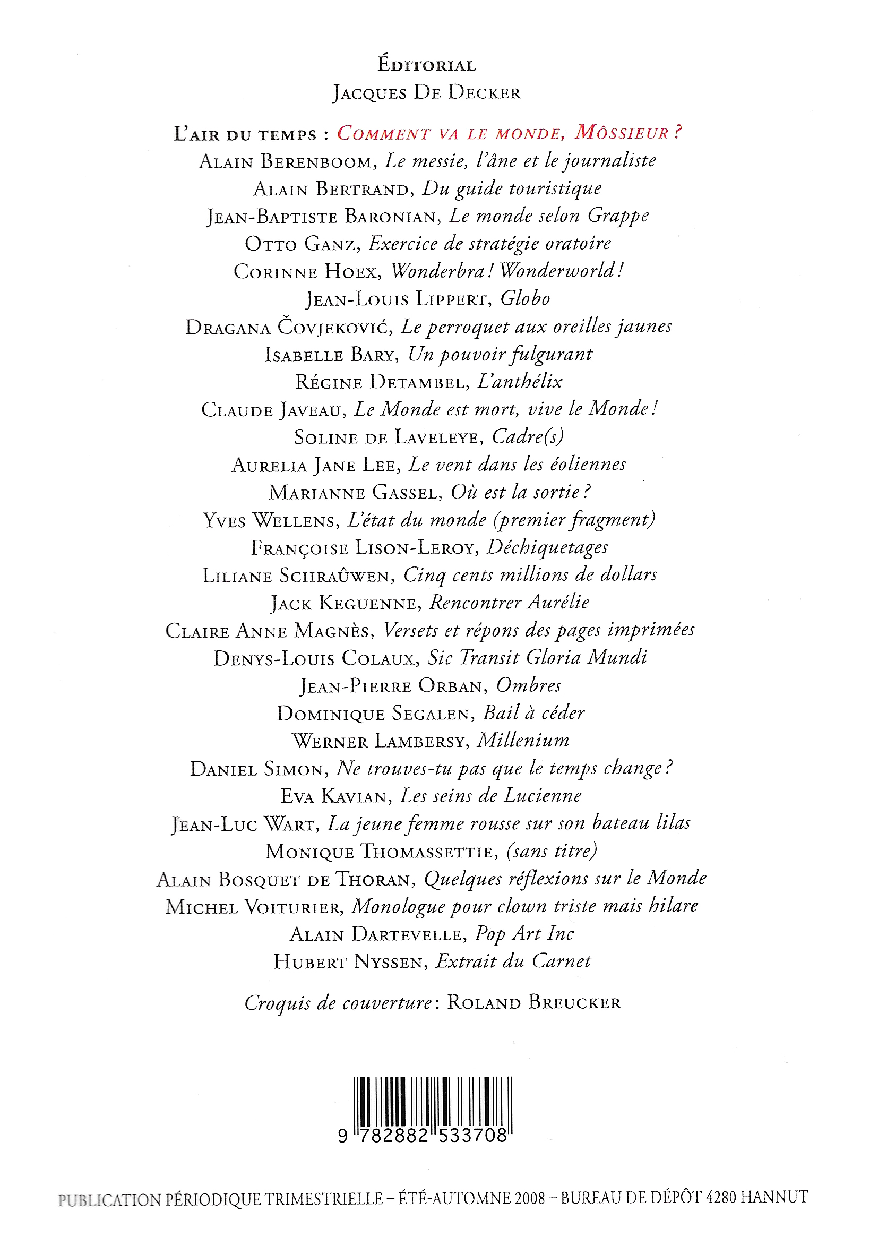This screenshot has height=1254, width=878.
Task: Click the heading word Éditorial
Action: click(426, 65)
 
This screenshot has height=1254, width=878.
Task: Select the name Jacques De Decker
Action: click(426, 93)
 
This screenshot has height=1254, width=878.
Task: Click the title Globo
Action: click(524, 299)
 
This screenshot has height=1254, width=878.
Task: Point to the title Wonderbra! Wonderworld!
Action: click(507, 271)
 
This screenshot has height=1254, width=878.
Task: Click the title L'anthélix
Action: click(520, 382)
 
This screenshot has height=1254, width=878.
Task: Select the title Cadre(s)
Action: click(528, 437)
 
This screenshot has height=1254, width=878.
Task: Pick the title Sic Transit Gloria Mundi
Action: click(537, 658)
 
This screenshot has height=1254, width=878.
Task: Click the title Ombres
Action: click(528, 685)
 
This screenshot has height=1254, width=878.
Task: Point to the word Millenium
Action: click(523, 741)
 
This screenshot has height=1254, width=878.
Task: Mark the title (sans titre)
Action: click(552, 851)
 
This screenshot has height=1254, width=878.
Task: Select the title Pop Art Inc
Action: click(523, 934)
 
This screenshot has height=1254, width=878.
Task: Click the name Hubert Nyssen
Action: click(348, 962)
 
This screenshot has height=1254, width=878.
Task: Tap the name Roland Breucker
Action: click(533, 1003)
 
